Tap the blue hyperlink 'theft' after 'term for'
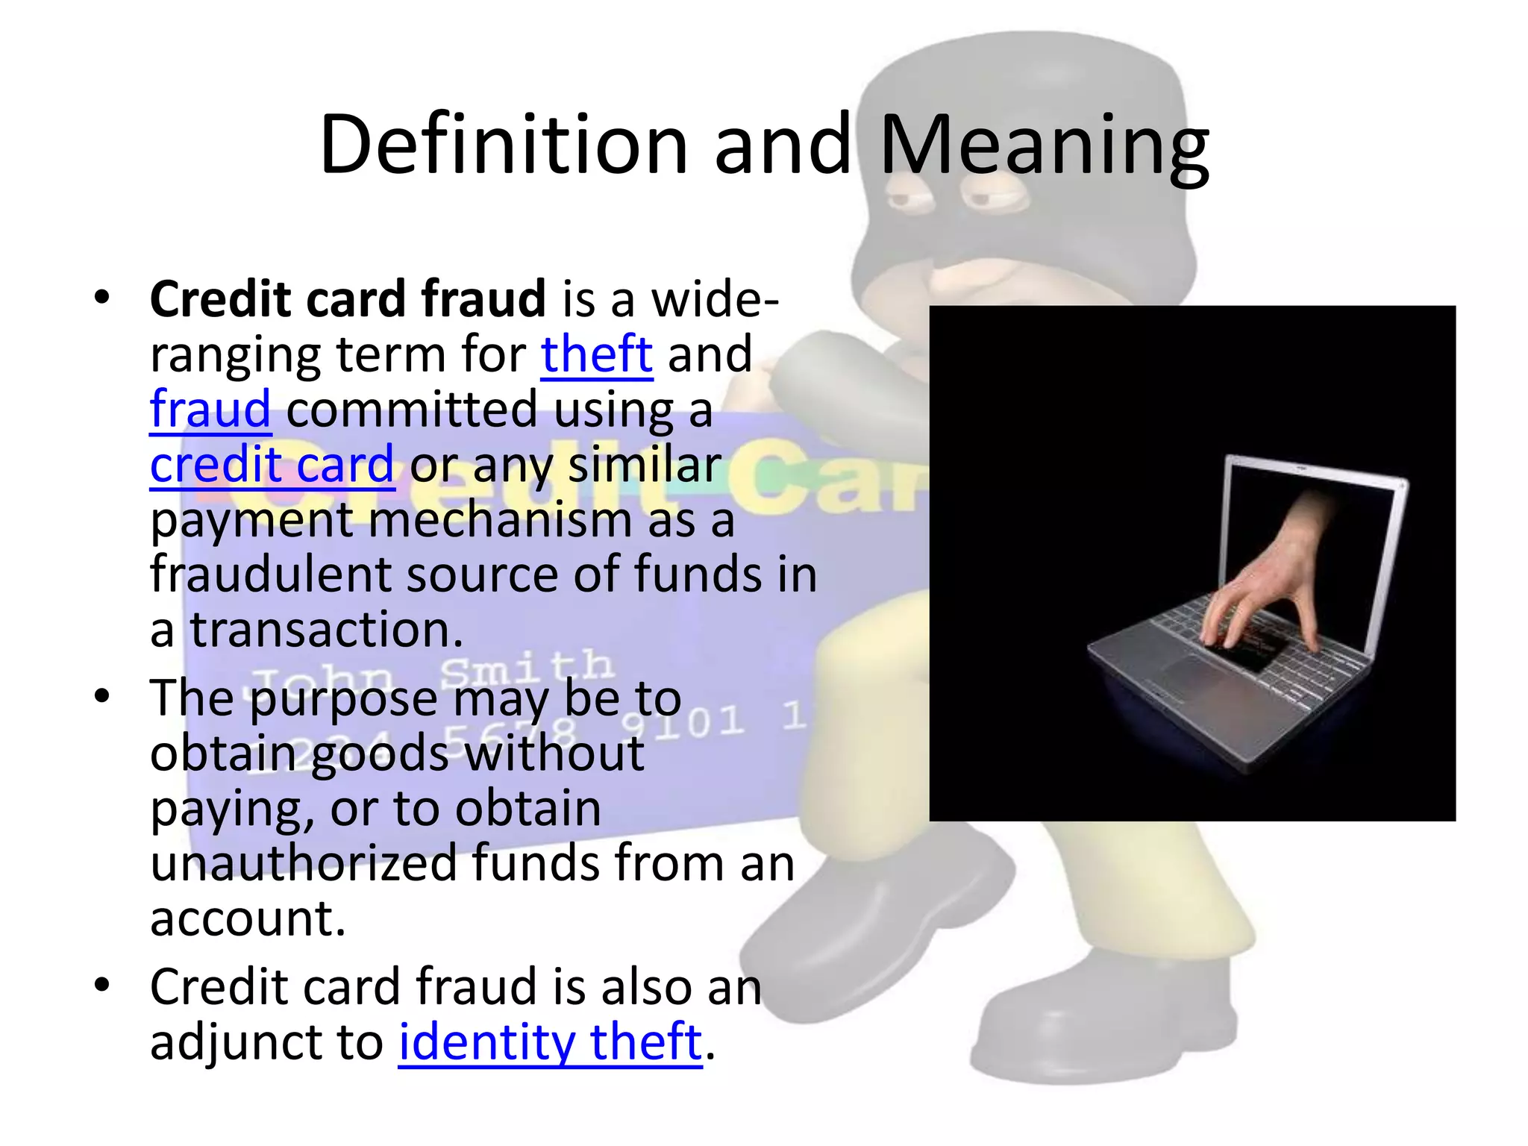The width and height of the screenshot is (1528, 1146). point(596,354)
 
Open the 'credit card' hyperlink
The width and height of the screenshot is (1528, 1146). point(272,464)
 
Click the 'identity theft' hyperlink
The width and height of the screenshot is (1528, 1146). point(550,1042)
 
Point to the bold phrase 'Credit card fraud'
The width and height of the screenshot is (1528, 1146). point(348,298)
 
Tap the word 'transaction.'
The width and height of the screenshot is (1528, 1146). point(327,630)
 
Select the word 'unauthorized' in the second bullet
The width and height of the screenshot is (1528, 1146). point(303,863)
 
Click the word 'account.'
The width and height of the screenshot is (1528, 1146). point(248,918)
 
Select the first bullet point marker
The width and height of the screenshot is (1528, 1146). point(102,298)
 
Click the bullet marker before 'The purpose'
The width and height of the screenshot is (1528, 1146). point(102,697)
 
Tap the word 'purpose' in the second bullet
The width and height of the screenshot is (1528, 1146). point(343,700)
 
